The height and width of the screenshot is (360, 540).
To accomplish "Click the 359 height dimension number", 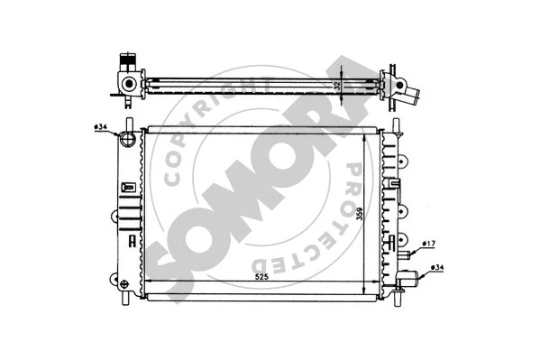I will click(360, 217).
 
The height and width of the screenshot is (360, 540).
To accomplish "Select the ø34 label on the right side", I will click(436, 268).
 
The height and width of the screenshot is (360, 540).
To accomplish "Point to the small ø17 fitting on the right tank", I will click(405, 245).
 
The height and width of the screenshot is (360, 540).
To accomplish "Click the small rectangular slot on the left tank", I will click(128, 187).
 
